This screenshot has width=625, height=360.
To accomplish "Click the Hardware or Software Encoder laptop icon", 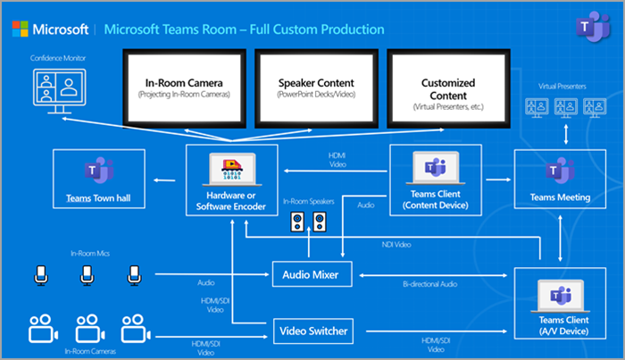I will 230,166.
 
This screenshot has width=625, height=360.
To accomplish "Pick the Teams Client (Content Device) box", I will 435,180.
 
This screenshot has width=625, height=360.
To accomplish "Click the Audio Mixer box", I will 311,273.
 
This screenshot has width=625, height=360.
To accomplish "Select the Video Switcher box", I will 311,331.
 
